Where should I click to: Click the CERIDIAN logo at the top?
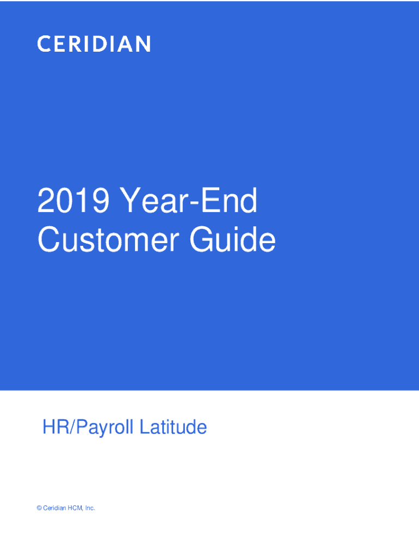point(94,44)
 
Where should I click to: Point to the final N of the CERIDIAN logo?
point(143,44)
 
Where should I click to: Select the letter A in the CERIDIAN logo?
point(126,44)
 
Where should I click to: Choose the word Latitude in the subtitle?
point(172,428)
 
